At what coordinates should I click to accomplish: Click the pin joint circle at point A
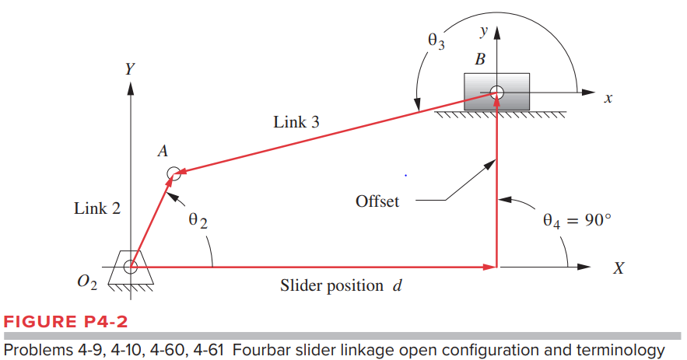[174, 173]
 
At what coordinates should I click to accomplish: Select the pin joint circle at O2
[130, 267]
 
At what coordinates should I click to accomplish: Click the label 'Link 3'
[296, 122]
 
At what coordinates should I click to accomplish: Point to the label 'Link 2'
[96, 208]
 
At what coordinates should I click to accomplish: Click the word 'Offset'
[377, 201]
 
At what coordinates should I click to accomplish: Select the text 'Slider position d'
[341, 286]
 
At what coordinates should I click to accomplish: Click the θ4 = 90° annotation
[577, 219]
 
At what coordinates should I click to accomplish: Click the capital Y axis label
[129, 68]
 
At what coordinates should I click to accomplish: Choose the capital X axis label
[619, 268]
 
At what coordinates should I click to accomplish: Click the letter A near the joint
[163, 152]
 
